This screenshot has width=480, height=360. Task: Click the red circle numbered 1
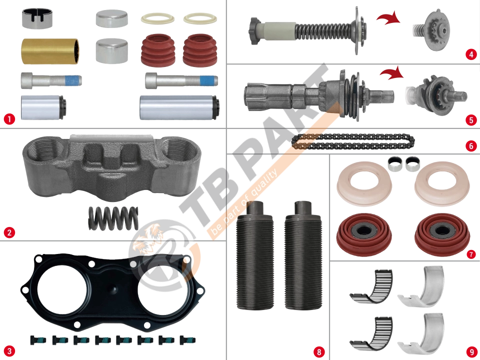pos(9,119)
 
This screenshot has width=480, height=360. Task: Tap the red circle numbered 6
pos(471,145)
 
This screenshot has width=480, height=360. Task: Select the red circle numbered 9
pos(471,351)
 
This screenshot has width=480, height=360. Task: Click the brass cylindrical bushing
pos(50,51)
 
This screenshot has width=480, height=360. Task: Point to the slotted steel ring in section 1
pos(37,18)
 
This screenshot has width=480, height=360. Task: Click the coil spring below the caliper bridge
pos(113,217)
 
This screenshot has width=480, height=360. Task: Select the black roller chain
pos(353,141)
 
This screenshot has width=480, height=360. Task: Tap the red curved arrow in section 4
pos(388,18)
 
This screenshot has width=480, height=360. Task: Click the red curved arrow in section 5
pos(392,73)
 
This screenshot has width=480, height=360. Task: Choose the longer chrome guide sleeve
pos(179,107)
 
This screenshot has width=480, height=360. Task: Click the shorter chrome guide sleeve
pos(43,107)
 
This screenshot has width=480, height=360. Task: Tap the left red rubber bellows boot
pos(158,50)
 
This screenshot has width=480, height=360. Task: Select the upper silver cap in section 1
pos(111,18)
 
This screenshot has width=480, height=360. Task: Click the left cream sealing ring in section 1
pos(157,18)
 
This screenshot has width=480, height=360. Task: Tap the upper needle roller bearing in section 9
pos(371,286)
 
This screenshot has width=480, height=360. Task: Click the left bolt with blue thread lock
pos(51,80)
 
